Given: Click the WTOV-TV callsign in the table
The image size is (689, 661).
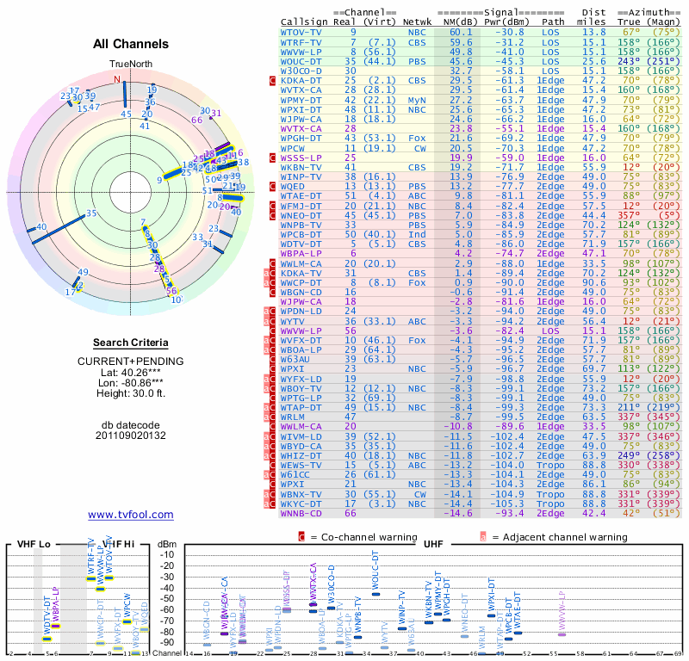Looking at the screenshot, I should (x=301, y=31).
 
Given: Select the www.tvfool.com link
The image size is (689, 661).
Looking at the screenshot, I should (x=131, y=515).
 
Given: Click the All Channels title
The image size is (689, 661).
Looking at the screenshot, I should (x=131, y=44).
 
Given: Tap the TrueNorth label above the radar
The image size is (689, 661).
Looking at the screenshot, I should (x=130, y=65).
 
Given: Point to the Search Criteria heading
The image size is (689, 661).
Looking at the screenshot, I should (x=131, y=343).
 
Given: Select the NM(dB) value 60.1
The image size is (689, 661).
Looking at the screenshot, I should (x=460, y=31).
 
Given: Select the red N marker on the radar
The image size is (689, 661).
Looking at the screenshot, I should (x=117, y=79).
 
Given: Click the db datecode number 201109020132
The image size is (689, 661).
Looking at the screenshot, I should (x=131, y=436).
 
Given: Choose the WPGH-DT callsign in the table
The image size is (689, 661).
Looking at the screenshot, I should (x=302, y=138).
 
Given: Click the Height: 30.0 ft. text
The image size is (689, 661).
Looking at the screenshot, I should (x=131, y=394).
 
